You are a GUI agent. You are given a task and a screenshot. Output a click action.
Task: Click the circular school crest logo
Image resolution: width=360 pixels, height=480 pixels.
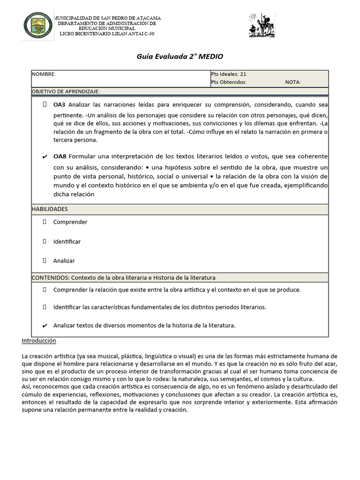[38, 26]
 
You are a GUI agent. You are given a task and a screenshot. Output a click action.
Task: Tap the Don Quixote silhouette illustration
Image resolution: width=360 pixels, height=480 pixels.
[261, 26]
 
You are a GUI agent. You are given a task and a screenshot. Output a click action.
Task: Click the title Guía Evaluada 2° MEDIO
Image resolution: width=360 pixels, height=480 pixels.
[180, 57]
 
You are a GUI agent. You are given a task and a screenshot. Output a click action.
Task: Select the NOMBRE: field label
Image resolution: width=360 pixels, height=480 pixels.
[44, 74]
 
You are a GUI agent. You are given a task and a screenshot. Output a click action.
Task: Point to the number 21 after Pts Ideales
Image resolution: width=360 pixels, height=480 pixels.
[243, 74]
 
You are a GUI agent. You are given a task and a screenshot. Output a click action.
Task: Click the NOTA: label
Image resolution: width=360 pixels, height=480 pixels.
[293, 82]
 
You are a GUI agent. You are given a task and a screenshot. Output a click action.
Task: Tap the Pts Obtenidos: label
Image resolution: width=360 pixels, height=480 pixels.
[229, 82]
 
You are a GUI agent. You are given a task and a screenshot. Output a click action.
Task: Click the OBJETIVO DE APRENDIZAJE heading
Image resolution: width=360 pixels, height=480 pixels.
[66, 91]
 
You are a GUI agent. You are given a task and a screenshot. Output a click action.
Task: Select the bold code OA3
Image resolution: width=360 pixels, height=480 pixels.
[59, 104]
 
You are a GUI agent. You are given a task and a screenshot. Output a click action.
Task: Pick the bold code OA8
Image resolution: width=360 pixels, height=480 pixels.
[60, 156]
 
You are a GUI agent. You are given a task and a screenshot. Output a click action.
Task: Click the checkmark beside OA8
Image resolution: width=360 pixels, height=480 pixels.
[45, 156]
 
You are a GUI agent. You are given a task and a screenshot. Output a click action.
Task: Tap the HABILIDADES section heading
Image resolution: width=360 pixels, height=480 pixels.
[50, 209]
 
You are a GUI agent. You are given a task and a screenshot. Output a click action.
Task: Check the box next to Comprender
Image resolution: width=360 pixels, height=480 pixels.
[45, 222]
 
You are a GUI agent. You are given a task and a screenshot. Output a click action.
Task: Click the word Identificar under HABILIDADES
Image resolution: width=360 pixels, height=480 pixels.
[67, 241]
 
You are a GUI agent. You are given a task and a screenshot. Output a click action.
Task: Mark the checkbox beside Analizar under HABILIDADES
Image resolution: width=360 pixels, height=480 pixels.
[45, 260]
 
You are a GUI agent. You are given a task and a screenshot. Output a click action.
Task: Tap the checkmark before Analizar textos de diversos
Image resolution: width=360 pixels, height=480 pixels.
[45, 325]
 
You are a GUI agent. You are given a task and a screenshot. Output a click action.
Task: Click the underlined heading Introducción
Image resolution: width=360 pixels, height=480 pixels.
[39, 341]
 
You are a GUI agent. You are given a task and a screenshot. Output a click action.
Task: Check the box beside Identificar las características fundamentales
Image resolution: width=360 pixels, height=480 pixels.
[45, 307]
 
